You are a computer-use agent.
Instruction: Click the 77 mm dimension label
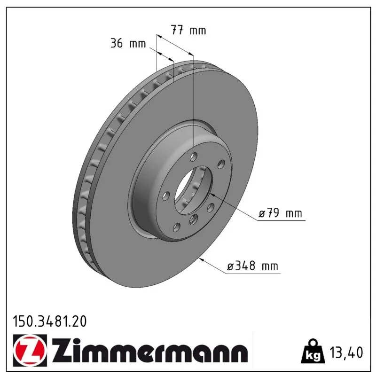pos(188,30)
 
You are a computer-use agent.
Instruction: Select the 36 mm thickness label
pos(128,43)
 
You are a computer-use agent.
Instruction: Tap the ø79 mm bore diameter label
pos(280,213)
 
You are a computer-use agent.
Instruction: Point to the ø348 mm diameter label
pos(252,266)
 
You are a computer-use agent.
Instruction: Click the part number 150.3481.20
pos(50,321)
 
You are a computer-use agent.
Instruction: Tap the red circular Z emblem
pos(30,350)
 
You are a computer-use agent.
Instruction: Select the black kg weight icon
pos(313,351)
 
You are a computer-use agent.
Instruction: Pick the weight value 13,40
pos(346,352)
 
